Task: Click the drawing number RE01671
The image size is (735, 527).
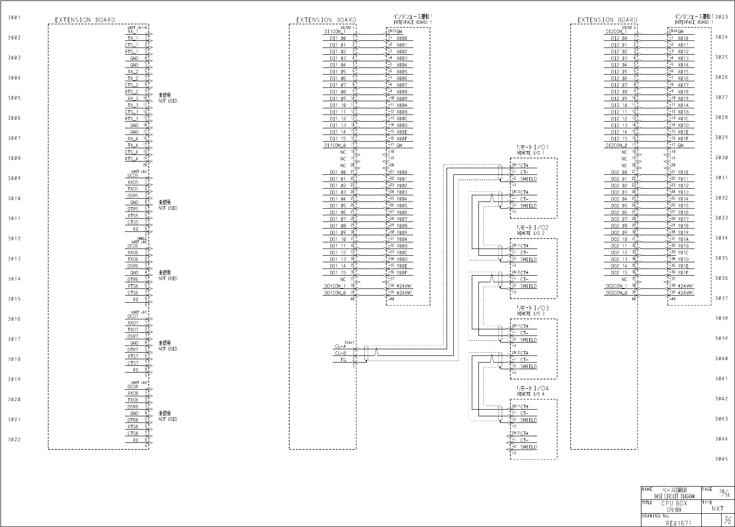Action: (678, 523)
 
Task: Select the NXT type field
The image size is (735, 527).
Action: (717, 508)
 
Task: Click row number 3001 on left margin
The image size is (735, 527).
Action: (14, 18)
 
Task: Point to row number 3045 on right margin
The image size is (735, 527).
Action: (721, 459)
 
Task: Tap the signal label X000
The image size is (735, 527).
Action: (401, 38)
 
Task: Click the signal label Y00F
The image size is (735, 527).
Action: (401, 273)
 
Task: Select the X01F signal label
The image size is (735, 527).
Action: (683, 139)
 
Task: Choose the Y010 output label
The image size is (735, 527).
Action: (683, 172)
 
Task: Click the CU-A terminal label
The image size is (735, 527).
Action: (340, 347)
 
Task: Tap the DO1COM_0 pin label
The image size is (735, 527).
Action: (335, 293)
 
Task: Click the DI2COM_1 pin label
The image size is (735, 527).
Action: (616, 32)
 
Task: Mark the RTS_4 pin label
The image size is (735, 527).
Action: (132, 159)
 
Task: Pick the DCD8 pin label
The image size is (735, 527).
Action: (133, 387)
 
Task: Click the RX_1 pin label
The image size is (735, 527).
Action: (133, 32)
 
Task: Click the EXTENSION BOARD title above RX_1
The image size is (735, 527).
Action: (85, 20)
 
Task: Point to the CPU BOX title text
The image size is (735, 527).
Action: (674, 503)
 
